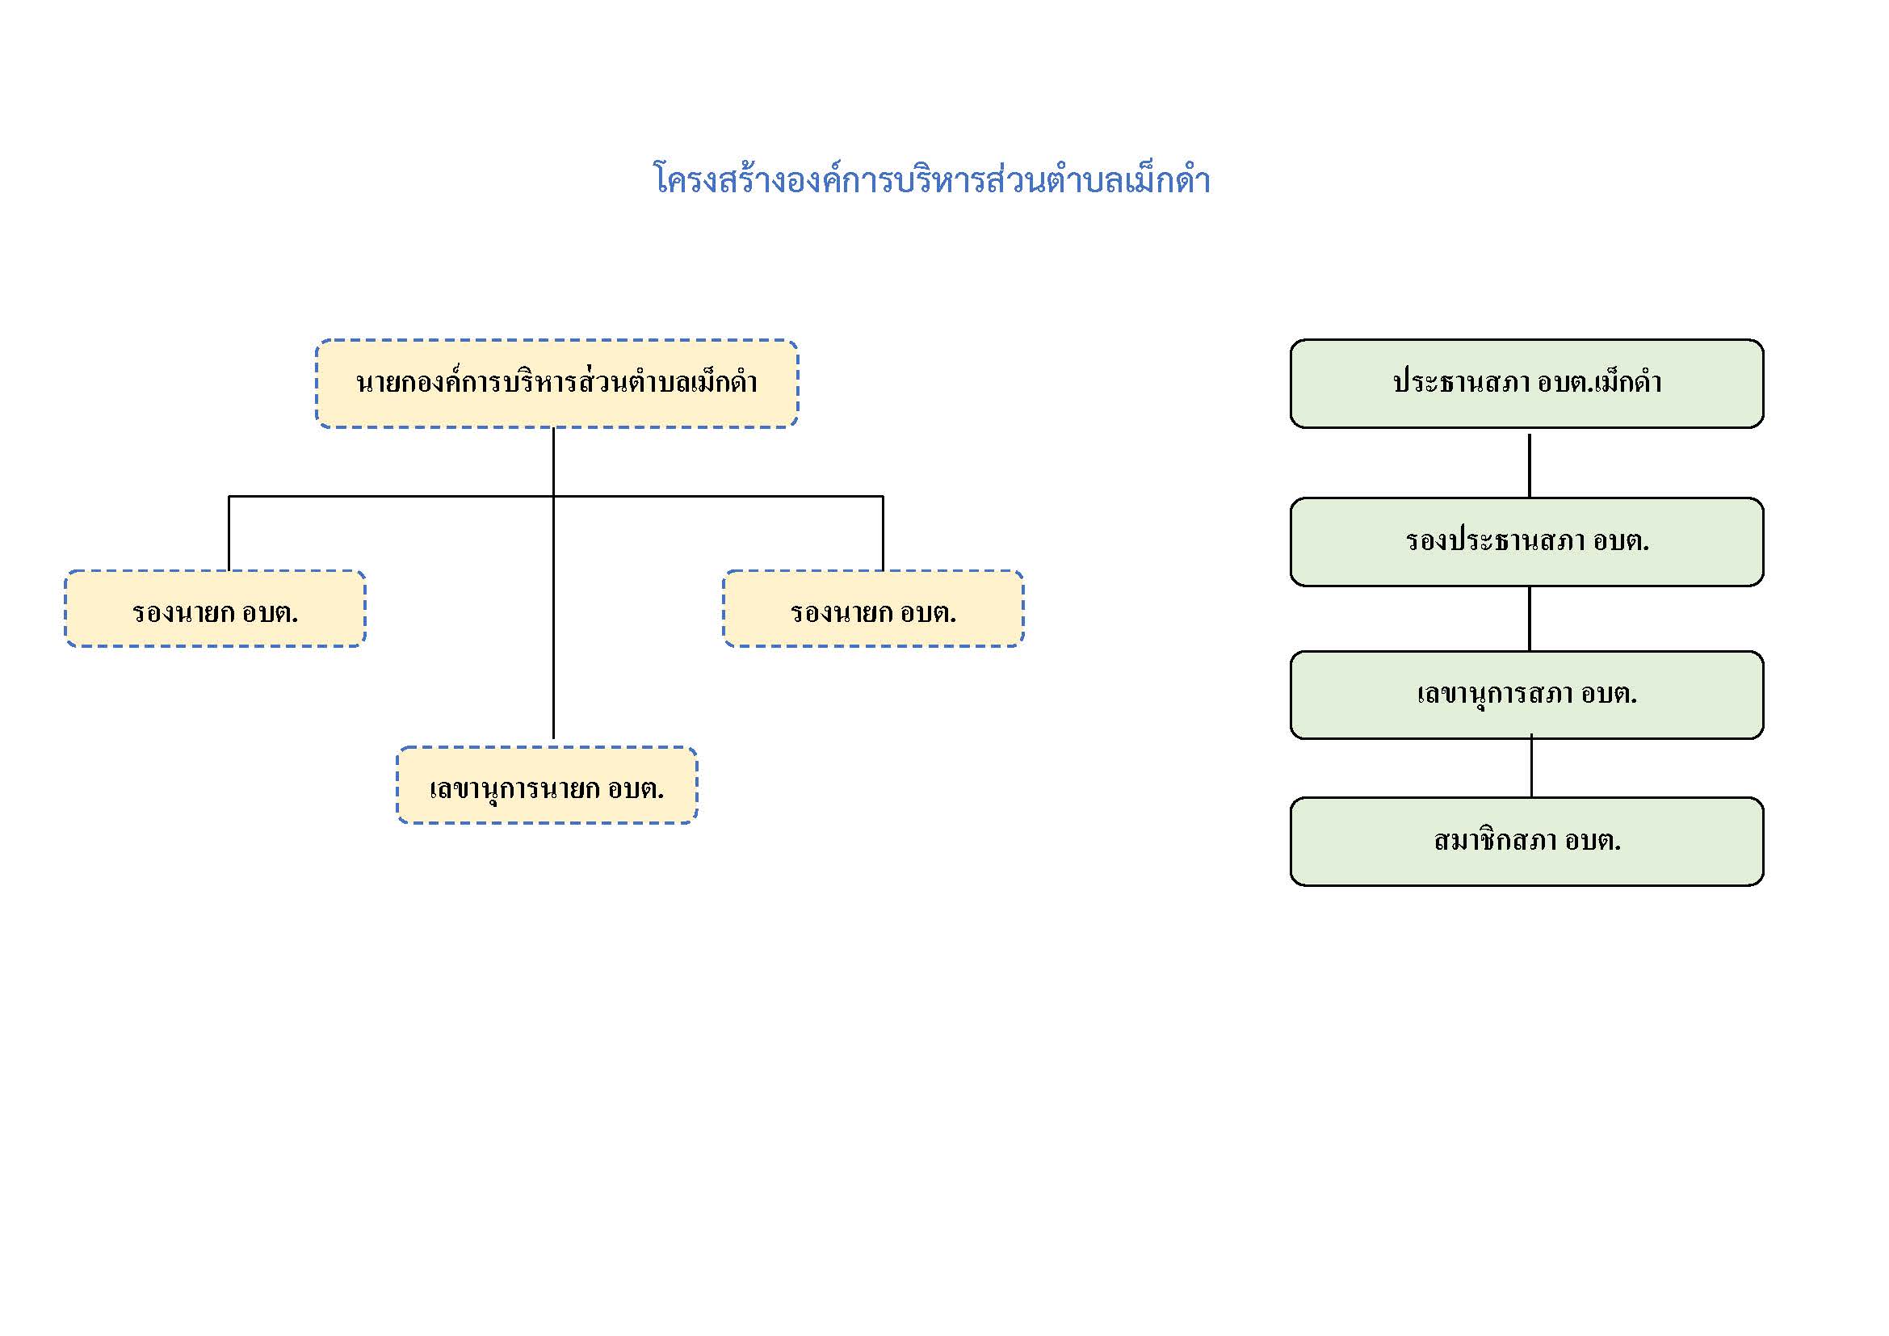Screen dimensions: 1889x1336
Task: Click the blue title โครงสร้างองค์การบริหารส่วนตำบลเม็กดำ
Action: click(x=931, y=179)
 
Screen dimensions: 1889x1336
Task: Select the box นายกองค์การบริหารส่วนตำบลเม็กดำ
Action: click(x=557, y=384)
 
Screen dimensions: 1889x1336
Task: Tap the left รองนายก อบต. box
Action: click(x=216, y=609)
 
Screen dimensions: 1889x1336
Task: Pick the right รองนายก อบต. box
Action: click(x=874, y=609)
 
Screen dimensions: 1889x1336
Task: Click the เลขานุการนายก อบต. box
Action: click(x=547, y=786)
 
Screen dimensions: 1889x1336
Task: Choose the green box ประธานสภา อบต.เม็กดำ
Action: click(x=1527, y=384)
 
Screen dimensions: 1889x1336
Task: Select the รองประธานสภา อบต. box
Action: click(x=1527, y=542)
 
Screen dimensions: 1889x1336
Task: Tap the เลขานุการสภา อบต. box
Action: click(x=1527, y=695)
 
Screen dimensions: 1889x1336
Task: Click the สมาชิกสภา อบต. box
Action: click(x=1527, y=842)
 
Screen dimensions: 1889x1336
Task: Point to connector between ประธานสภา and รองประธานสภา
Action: click(x=1530, y=465)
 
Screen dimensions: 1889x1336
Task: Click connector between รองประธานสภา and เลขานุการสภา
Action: click(x=1530, y=619)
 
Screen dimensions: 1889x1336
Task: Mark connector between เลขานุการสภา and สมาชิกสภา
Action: click(x=1531, y=767)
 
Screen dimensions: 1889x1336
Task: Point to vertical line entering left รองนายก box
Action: click(x=229, y=533)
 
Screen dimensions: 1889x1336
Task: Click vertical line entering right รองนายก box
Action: click(x=883, y=533)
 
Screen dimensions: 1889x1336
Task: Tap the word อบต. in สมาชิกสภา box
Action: click(x=1593, y=841)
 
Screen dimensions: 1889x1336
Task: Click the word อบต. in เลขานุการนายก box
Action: click(x=636, y=789)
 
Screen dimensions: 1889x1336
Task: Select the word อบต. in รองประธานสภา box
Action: click(x=1621, y=541)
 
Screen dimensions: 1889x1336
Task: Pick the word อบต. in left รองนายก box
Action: click(x=270, y=613)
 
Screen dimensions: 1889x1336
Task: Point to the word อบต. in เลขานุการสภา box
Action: click(x=1610, y=695)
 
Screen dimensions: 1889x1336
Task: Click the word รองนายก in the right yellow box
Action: click(x=841, y=613)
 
